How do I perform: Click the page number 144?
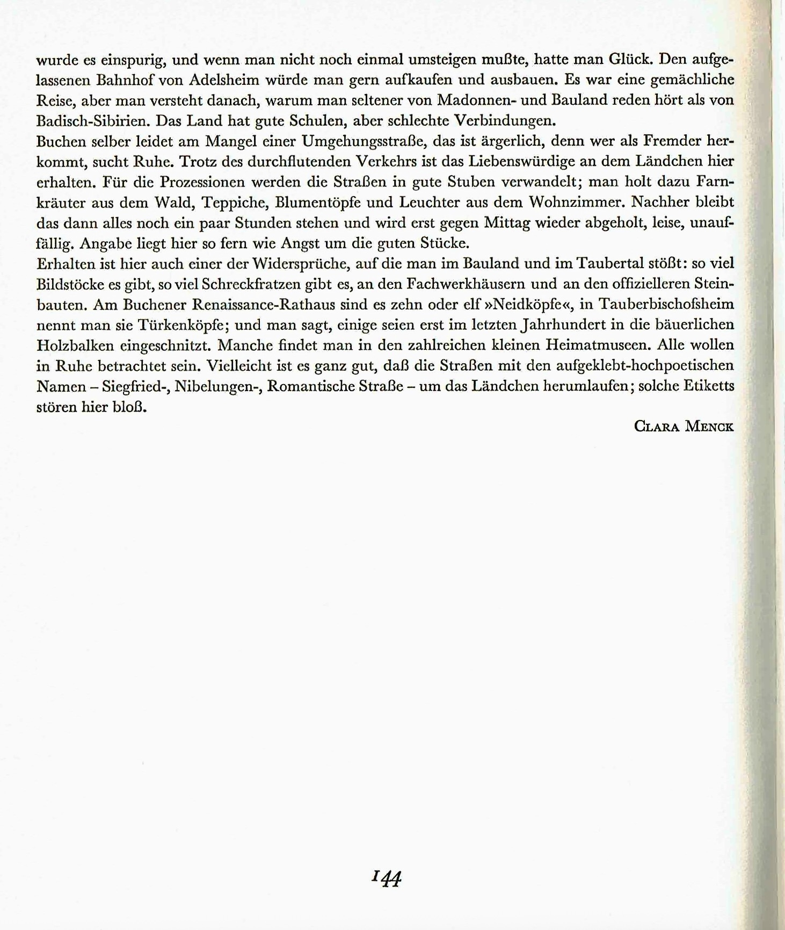pyautogui.click(x=387, y=879)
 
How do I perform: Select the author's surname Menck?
pyautogui.click(x=709, y=427)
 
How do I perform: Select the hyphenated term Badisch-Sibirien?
pyautogui.click(x=91, y=121)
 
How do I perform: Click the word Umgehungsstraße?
pyautogui.click(x=364, y=141)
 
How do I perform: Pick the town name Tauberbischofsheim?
pyautogui.click(x=666, y=305)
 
